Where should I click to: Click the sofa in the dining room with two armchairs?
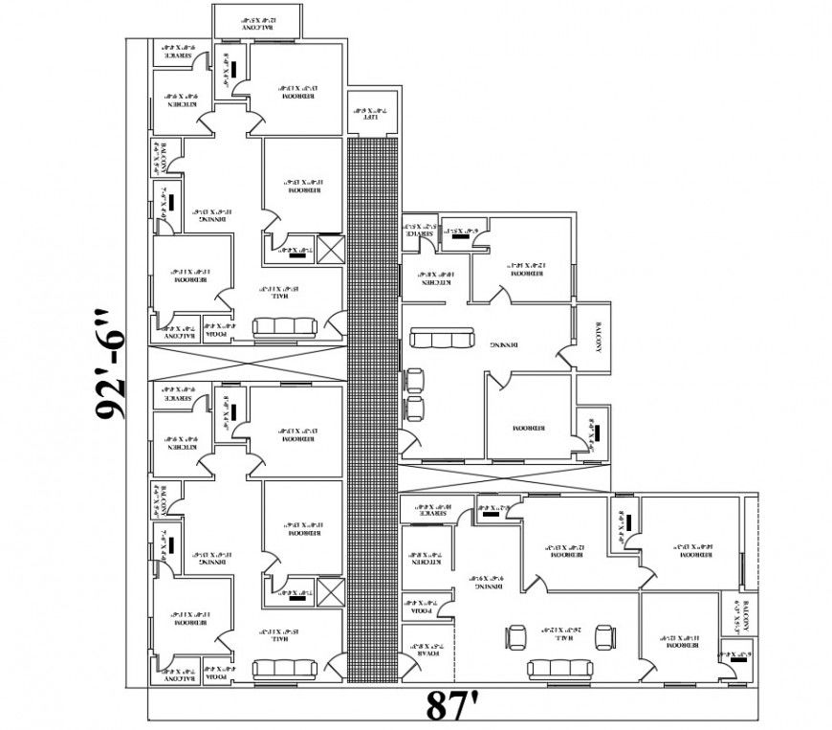point(440,340)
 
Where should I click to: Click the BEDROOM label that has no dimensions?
point(527,427)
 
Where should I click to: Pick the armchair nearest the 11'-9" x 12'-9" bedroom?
point(603,635)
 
